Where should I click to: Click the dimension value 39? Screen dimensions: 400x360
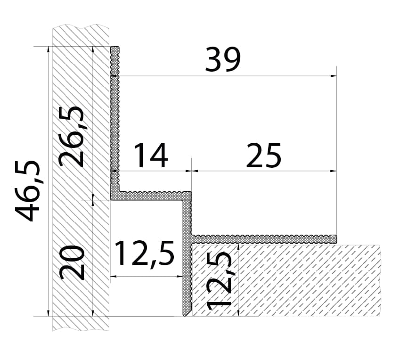pyautogui.click(x=223, y=59)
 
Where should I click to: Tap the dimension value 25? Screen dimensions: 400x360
pyautogui.click(x=263, y=155)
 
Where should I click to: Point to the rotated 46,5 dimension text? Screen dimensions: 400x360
pyautogui.click(x=27, y=191)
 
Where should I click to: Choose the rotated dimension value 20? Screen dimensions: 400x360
pyautogui.click(x=72, y=262)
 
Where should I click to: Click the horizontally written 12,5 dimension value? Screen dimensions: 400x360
pyautogui.click(x=145, y=253)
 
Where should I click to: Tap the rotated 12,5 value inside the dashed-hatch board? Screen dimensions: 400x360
pyautogui.click(x=219, y=281)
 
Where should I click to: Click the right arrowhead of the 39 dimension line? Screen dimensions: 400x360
pyautogui.click(x=334, y=76)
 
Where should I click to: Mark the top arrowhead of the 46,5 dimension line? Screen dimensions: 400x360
pyautogui.click(x=48, y=49)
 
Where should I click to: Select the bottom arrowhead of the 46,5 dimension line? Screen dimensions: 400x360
pyautogui.click(x=48, y=313)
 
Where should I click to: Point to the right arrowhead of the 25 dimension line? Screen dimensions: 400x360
pyautogui.click(x=334, y=171)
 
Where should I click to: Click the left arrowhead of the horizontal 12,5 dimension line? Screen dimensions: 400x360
pyautogui.click(x=114, y=276)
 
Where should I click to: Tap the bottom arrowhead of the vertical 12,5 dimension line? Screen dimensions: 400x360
pyautogui.click(x=238, y=313)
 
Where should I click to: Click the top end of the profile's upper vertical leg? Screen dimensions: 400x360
pyautogui.click(x=115, y=47)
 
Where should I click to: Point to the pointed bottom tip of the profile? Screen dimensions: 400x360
pyautogui.click(x=185, y=316)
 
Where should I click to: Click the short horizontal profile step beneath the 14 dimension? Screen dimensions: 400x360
pyautogui.click(x=151, y=196)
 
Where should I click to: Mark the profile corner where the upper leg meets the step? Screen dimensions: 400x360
pyautogui.click(x=115, y=196)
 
